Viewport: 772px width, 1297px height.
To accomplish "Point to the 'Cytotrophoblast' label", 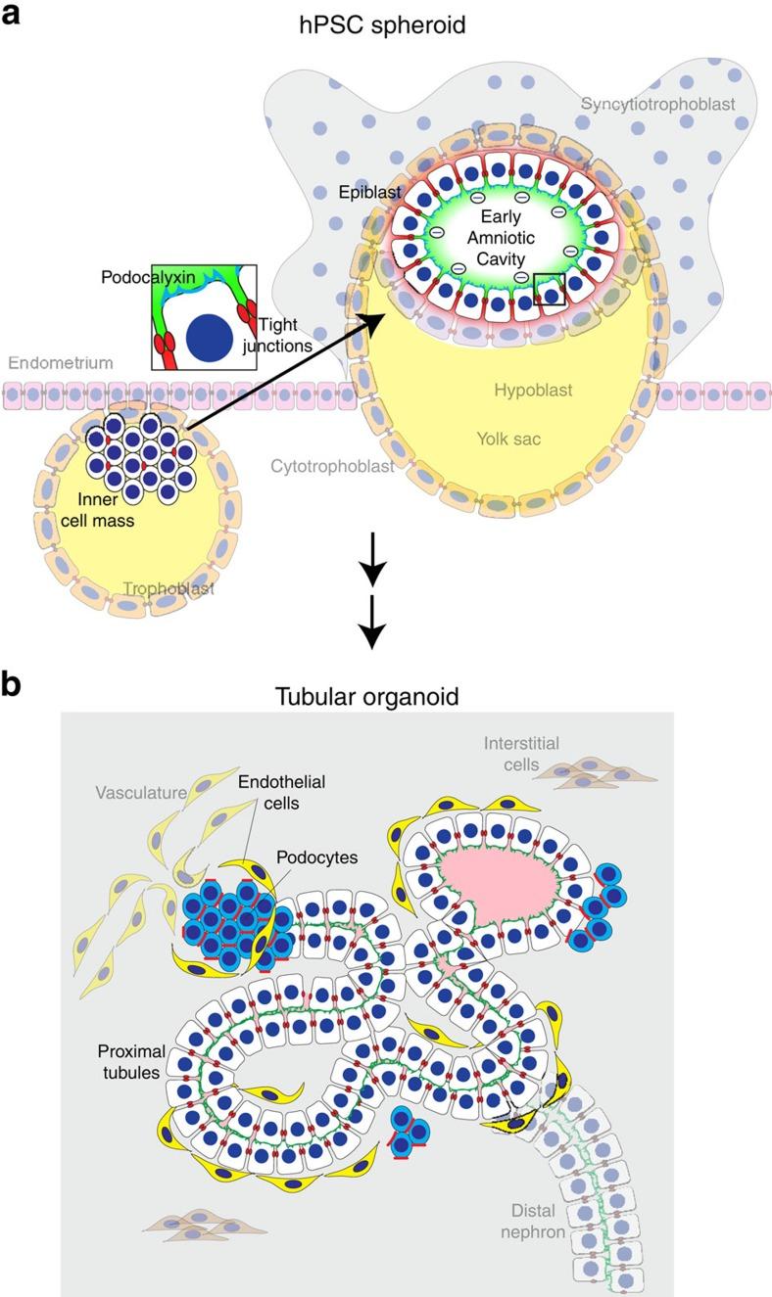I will tap(332, 466).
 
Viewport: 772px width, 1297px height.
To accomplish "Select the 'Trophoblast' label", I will tap(169, 588).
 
